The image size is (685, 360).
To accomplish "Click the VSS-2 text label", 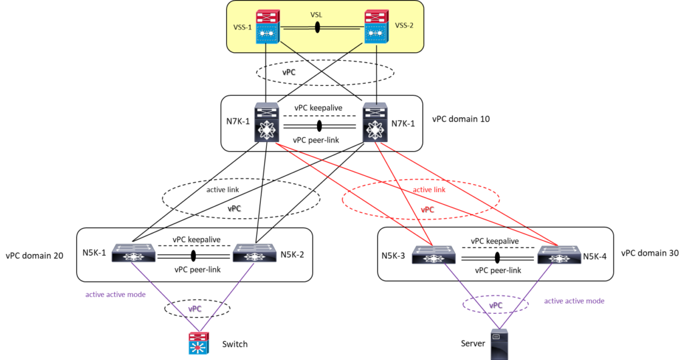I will (x=405, y=25).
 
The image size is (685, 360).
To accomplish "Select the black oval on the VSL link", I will (x=317, y=27).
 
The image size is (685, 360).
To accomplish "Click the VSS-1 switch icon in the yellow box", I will (x=268, y=27).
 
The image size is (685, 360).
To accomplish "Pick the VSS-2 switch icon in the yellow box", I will (x=375, y=27).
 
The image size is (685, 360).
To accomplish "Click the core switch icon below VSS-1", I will (x=266, y=122).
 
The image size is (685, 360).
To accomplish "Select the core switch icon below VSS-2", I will (x=375, y=122).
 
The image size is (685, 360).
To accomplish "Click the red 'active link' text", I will (x=429, y=190).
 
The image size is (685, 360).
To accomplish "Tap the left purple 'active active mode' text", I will (x=115, y=294).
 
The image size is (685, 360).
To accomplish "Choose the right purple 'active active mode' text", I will (x=574, y=301).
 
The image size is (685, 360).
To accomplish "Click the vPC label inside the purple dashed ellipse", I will (x=495, y=305).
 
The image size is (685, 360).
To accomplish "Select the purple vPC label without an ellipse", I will (x=195, y=309).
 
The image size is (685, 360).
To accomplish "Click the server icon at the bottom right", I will (x=499, y=343).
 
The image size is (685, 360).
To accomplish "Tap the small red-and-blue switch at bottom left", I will (x=199, y=343).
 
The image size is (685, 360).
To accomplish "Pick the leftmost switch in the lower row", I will (x=133, y=253).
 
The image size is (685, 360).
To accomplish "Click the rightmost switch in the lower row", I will (x=559, y=254).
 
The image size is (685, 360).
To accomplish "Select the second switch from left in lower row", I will (x=254, y=253).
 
